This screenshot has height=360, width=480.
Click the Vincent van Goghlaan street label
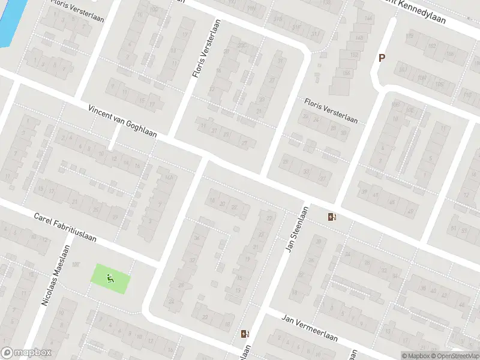(x=122, y=121)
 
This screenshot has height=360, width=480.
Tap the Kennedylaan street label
(x=420, y=13)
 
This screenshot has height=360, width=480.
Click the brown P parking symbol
(x=380, y=58)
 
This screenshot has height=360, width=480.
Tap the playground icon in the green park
(x=110, y=278)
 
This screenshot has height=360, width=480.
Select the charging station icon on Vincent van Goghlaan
(x=332, y=217)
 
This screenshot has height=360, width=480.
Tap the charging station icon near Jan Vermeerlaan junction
(x=244, y=334)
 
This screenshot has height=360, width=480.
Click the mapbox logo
(x=26, y=353)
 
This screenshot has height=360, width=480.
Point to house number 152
(x=354, y=55)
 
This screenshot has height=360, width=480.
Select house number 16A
(x=169, y=178)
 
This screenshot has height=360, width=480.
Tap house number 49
(x=410, y=211)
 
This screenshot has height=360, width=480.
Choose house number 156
(x=347, y=73)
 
